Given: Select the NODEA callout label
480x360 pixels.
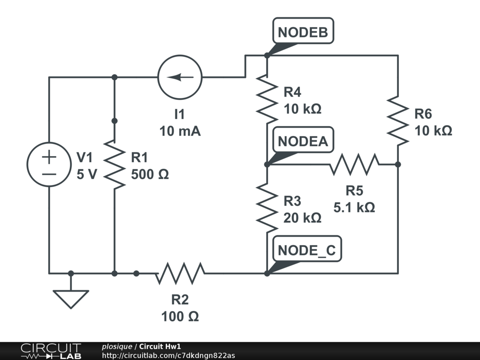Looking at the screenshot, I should [303, 141].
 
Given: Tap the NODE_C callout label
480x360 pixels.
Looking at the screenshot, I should [307, 250].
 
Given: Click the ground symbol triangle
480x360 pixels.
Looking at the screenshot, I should [71, 298].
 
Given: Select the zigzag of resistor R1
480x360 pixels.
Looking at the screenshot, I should [114, 164].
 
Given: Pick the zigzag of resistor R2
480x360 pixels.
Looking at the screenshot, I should [180, 273].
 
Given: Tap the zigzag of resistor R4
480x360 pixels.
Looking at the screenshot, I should [267, 98].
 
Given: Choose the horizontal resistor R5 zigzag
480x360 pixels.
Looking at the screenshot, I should [354, 164].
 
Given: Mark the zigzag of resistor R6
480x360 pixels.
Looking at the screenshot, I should [397, 121].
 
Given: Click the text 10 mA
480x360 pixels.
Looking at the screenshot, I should [180, 131].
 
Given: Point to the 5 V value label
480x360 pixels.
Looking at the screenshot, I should [87, 174].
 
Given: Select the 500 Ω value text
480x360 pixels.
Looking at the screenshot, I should [150, 174].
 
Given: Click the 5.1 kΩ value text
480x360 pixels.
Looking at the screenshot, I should [354, 207].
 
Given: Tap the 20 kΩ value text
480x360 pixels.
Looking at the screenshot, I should [302, 218].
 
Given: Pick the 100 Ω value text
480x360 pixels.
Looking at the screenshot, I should [180, 316].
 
